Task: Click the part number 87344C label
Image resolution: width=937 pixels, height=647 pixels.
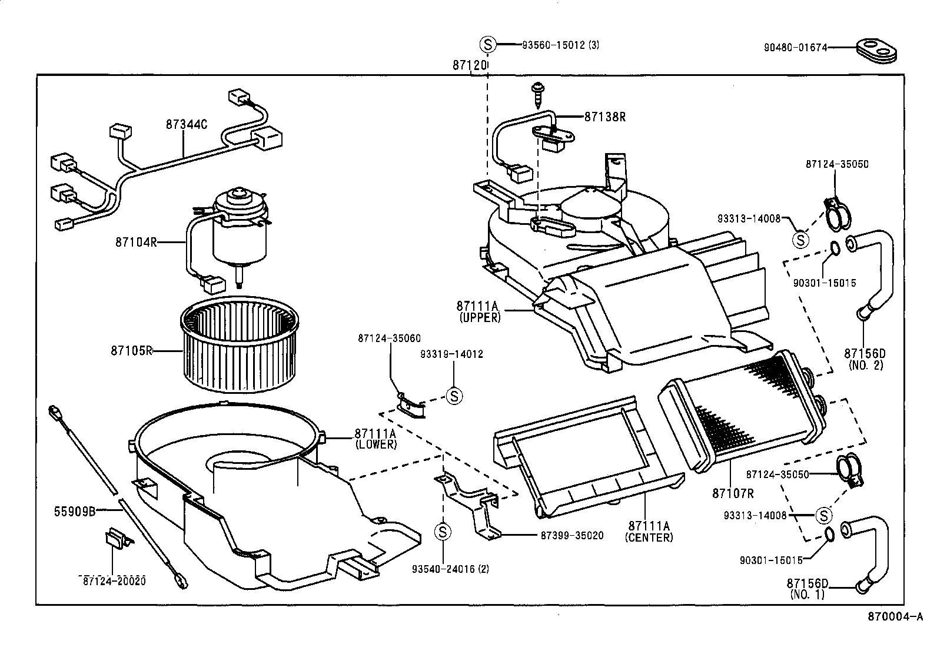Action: tap(186, 124)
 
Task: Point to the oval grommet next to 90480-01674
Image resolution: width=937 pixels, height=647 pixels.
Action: tap(876, 51)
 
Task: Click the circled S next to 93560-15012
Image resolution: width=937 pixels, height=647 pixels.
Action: tap(488, 44)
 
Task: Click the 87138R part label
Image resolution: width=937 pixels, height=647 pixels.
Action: tap(604, 117)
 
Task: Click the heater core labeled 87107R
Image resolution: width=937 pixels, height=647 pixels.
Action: tap(742, 412)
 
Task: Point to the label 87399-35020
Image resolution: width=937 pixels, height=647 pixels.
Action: tap(571, 536)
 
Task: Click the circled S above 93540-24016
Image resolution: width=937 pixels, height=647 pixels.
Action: tap(443, 532)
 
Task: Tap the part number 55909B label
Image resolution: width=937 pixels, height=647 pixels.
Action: tap(75, 511)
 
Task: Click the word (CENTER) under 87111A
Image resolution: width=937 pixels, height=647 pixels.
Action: tap(650, 537)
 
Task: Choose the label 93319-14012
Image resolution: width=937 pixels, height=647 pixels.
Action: tap(451, 354)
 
